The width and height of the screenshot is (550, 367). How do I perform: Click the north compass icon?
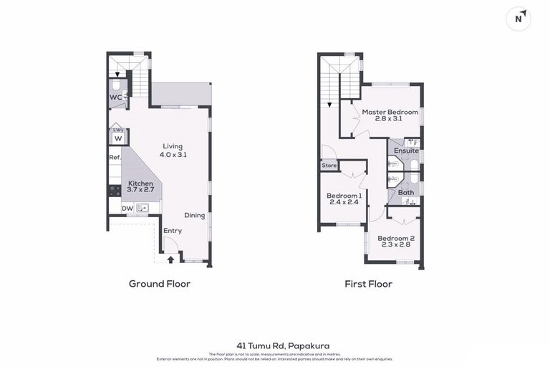(x=518, y=19)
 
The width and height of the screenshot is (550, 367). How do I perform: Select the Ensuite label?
(x=406, y=151)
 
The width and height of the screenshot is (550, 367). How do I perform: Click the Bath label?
(x=406, y=192)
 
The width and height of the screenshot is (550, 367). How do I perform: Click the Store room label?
(x=329, y=166)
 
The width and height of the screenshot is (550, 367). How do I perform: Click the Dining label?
(x=194, y=215)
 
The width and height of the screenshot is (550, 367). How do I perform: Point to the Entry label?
(x=173, y=230)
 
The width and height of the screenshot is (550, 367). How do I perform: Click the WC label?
(x=116, y=97)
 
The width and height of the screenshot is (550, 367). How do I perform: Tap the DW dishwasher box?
(x=127, y=209)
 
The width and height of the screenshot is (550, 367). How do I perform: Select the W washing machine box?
(x=118, y=138)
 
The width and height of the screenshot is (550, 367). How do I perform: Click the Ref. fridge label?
(x=115, y=158)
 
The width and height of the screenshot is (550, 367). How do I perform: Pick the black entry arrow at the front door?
(x=170, y=258)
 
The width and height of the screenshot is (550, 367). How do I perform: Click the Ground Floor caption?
(x=160, y=284)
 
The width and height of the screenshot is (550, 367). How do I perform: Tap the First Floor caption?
(x=368, y=284)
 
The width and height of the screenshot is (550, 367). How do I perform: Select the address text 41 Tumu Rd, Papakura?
(x=275, y=345)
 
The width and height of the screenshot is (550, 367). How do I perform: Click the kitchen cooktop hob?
(x=115, y=191)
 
